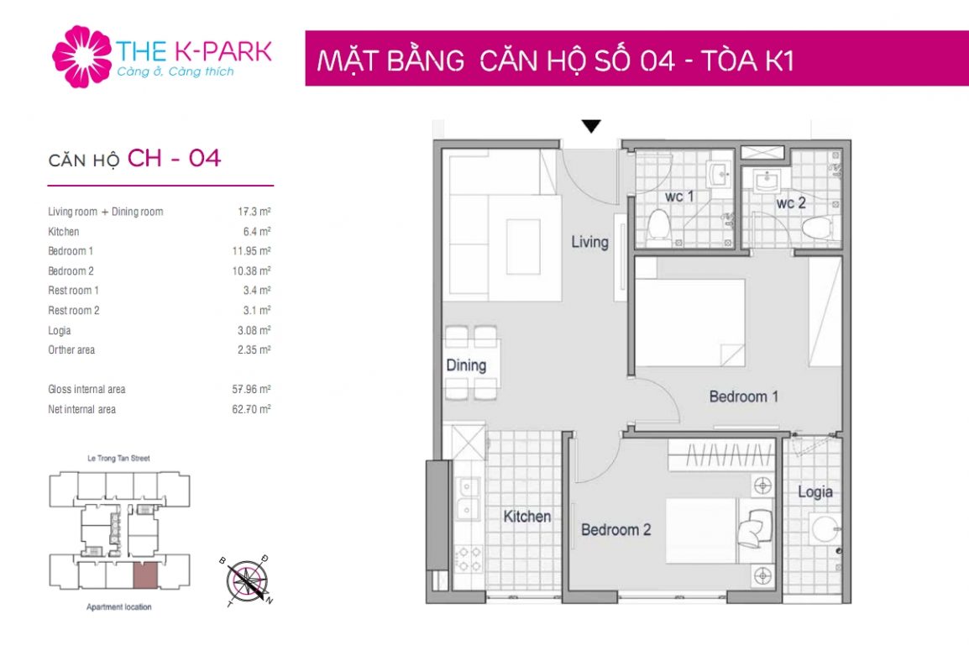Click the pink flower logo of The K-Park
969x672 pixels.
click(x=81, y=56)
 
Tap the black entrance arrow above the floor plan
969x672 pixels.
click(x=591, y=127)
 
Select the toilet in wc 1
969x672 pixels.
click(x=659, y=223)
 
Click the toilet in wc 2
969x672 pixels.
click(x=814, y=228)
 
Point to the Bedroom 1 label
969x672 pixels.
click(x=743, y=396)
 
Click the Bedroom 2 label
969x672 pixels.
click(x=615, y=530)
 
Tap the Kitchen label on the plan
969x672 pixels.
click(x=526, y=517)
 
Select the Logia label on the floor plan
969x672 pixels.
click(x=814, y=491)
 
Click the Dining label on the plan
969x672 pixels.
click(x=466, y=365)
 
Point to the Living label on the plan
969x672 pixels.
click(x=589, y=242)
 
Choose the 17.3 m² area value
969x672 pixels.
click(x=254, y=212)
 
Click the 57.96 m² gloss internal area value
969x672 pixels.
click(x=253, y=390)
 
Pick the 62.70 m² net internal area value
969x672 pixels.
click(x=253, y=410)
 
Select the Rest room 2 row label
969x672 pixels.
click(x=73, y=311)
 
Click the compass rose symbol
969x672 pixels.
click(x=246, y=580)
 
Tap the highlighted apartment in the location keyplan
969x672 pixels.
click(x=144, y=575)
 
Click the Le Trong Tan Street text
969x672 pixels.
click(x=118, y=459)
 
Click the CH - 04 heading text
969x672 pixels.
click(x=174, y=158)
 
